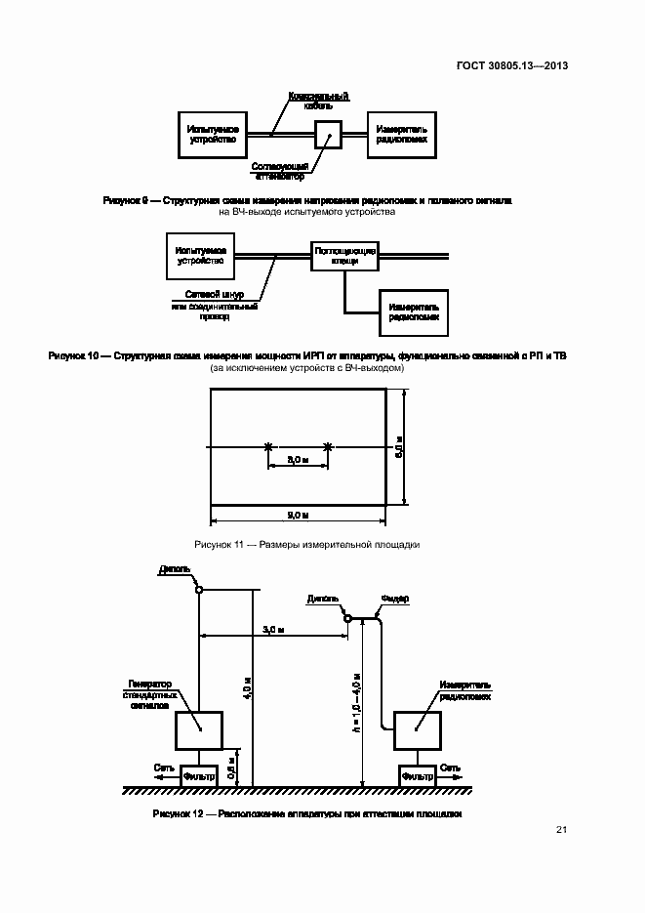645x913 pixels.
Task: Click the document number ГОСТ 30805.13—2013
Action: click(x=511, y=66)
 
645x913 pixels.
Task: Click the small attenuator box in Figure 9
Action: click(x=327, y=134)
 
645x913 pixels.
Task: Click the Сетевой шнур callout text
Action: click(x=214, y=294)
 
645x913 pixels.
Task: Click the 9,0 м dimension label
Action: click(x=298, y=515)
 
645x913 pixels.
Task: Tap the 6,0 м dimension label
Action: click(x=399, y=446)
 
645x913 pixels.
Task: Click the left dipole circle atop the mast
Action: click(x=198, y=588)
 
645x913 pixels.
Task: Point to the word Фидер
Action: click(x=394, y=598)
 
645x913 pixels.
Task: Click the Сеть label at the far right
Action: click(x=452, y=768)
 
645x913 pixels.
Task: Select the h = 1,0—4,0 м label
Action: click(x=357, y=701)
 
